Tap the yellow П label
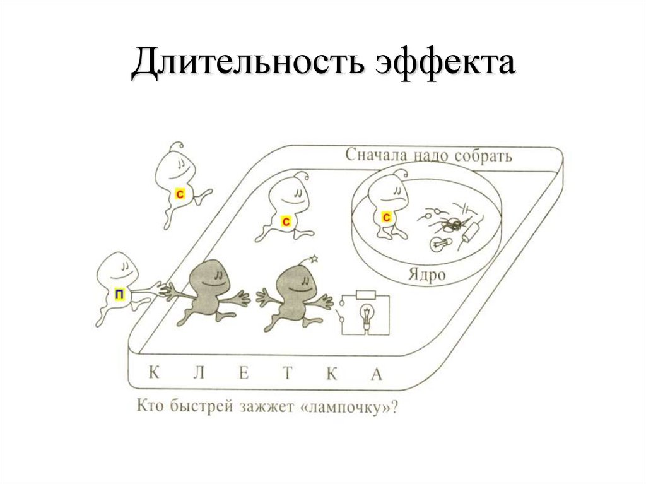[x=119, y=293]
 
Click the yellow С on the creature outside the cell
[x=179, y=194]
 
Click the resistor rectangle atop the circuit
[x=366, y=294]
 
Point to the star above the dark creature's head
[x=314, y=258]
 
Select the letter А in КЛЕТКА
[x=377, y=373]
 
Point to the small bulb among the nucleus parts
[x=437, y=242]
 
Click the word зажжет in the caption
[x=259, y=407]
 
